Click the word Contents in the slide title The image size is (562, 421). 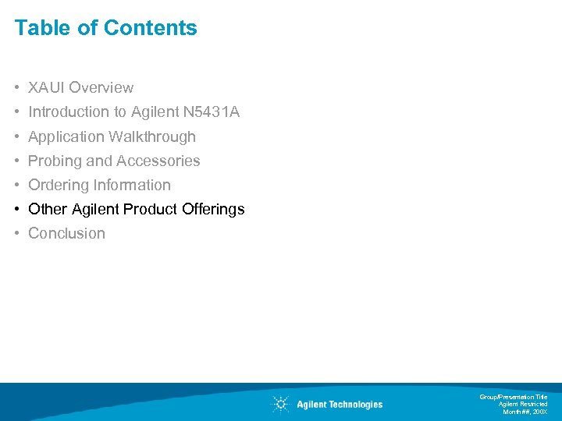[x=151, y=28]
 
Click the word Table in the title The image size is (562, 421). [x=38, y=28]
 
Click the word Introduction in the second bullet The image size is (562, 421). [x=67, y=112]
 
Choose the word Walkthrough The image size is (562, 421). [x=152, y=136]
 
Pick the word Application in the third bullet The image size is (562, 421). [x=66, y=136]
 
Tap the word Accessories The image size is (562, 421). [x=158, y=161]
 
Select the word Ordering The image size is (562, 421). [x=59, y=185]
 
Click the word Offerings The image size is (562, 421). [x=213, y=209]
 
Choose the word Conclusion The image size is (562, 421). [x=66, y=233]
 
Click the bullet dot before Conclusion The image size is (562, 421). [x=17, y=233]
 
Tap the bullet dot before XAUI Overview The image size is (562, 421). [x=17, y=88]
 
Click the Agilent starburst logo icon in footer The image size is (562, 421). [x=279, y=404]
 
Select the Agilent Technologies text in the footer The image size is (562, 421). [x=340, y=404]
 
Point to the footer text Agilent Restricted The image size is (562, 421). [x=523, y=404]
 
